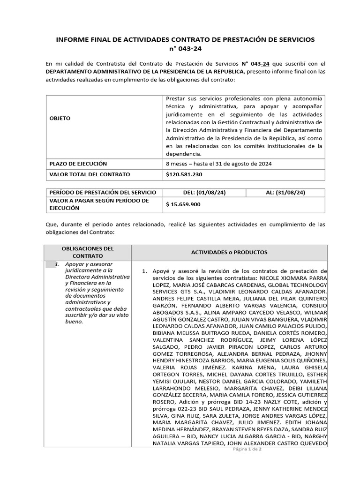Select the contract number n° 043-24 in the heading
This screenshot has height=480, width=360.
click(x=186, y=49)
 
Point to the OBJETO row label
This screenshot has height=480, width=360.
click(x=60, y=119)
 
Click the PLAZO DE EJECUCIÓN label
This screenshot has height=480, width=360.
click(x=78, y=164)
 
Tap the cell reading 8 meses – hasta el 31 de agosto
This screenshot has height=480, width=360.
click(x=218, y=164)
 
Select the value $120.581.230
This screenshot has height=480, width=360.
click(x=185, y=174)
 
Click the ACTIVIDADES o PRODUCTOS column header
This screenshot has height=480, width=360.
click(x=229, y=252)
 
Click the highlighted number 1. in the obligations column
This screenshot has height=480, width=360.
click(x=57, y=264)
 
